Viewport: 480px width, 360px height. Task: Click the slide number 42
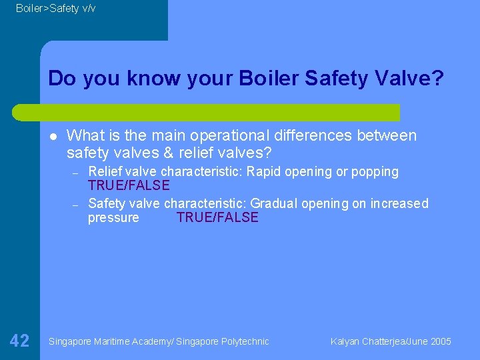click(x=20, y=341)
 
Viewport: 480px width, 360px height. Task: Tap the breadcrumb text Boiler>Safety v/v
click(x=55, y=8)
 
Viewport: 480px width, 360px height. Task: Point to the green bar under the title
click(x=220, y=112)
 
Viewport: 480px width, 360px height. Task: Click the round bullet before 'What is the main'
click(x=51, y=137)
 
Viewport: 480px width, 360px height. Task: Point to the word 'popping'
click(x=375, y=172)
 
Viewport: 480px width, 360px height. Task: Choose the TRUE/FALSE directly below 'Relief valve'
click(x=129, y=185)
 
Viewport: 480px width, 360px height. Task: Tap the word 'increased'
click(x=399, y=204)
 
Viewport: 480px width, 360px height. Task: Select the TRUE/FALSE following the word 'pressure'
click(x=217, y=218)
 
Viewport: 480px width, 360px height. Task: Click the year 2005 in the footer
click(x=441, y=341)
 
